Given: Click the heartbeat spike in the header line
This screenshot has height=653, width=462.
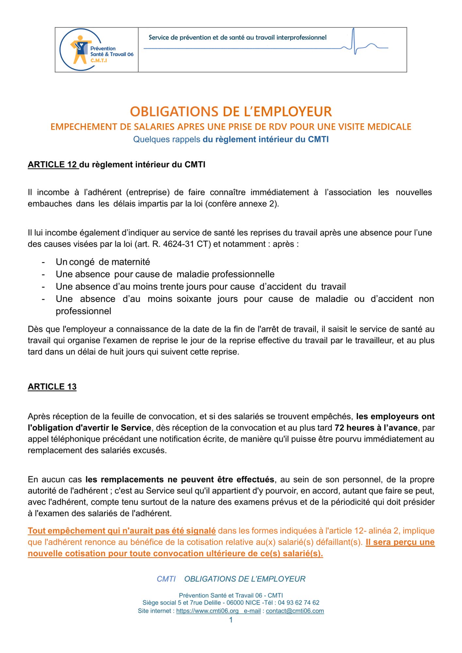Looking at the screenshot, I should point(354,41).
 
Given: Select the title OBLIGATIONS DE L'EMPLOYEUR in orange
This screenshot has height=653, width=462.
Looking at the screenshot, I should point(231,112).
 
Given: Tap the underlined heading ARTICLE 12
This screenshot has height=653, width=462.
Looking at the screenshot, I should point(53,165).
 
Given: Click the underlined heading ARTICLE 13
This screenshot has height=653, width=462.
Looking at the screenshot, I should point(52,387).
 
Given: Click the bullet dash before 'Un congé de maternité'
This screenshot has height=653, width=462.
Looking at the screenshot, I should point(43,262).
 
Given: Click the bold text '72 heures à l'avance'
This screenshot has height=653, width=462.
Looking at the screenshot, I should point(376,428).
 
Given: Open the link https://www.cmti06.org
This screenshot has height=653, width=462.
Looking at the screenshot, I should point(207,611).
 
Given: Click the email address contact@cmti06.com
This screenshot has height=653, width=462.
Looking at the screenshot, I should point(295,611).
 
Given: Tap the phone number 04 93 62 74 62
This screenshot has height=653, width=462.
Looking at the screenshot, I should point(299,603).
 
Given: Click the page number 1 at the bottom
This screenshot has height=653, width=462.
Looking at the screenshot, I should point(231,620).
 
